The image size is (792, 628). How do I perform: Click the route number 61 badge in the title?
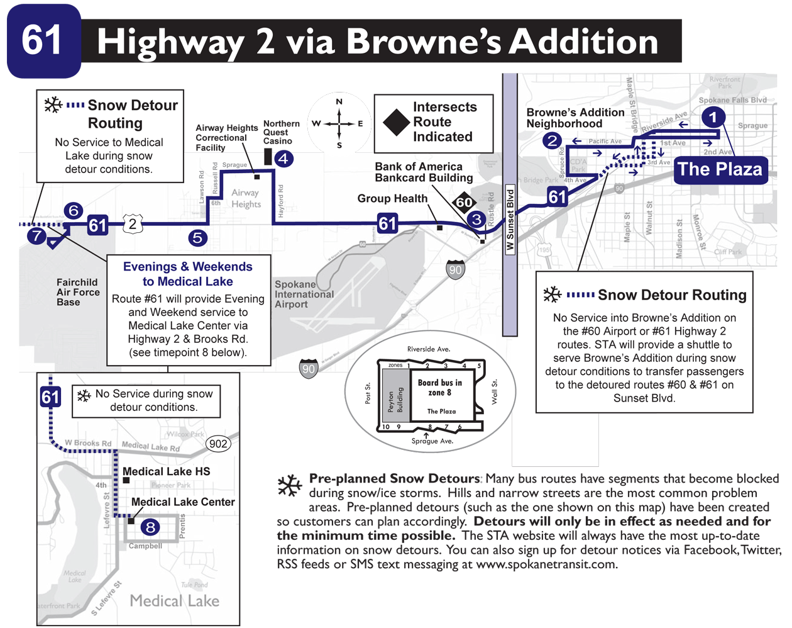pyautogui.click(x=43, y=41)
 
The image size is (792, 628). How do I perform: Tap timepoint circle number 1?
pyautogui.click(x=712, y=117)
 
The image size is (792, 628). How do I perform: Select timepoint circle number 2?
pyautogui.click(x=553, y=140)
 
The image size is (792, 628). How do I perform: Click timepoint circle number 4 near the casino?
pyautogui.click(x=283, y=159)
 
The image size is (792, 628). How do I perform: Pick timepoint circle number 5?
pyautogui.click(x=197, y=238)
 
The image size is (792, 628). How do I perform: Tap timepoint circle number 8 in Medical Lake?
pyautogui.click(x=150, y=527)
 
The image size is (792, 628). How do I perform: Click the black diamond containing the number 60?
pyautogui.click(x=465, y=203)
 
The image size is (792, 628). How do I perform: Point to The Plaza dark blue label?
pyautogui.click(x=720, y=170)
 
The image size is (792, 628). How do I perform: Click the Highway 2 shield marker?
pyautogui.click(x=132, y=223)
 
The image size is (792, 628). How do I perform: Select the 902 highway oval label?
pyautogui.click(x=218, y=444)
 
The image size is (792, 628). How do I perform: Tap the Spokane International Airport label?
pyautogui.click(x=304, y=294)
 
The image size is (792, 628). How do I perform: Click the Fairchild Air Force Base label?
pyautogui.click(x=78, y=292)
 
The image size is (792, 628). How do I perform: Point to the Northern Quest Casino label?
pyautogui.click(x=281, y=132)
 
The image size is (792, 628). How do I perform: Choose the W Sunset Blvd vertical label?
pyautogui.click(x=510, y=220)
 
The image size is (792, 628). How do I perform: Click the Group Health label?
pyautogui.click(x=392, y=199)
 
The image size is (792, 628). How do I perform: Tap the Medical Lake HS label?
pyautogui.click(x=166, y=471)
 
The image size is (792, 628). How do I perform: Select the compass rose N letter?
pyautogui.click(x=339, y=101)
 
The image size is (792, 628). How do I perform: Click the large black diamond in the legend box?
pyautogui.click(x=397, y=122)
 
